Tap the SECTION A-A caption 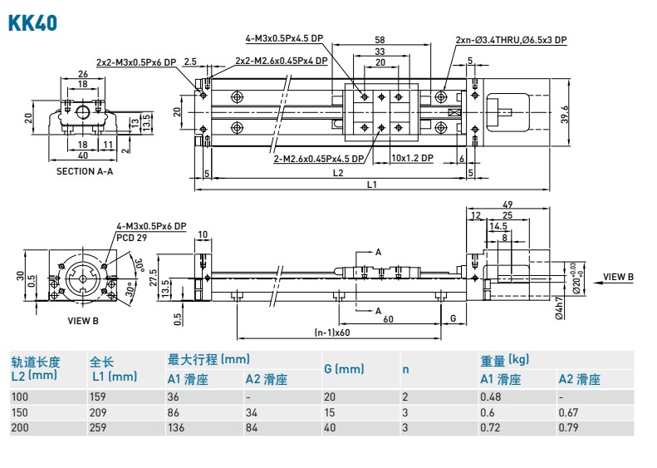tap(84, 171)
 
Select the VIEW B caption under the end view tap(82, 320)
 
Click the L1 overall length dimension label tap(371, 184)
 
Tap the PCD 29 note tap(130, 236)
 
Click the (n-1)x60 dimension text tap(333, 333)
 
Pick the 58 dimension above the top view tap(380, 39)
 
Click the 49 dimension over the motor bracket tap(507, 204)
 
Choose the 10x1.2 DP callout tap(413, 157)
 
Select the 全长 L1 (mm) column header tap(112, 369)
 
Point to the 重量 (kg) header tap(504, 360)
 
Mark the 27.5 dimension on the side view tap(152, 276)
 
